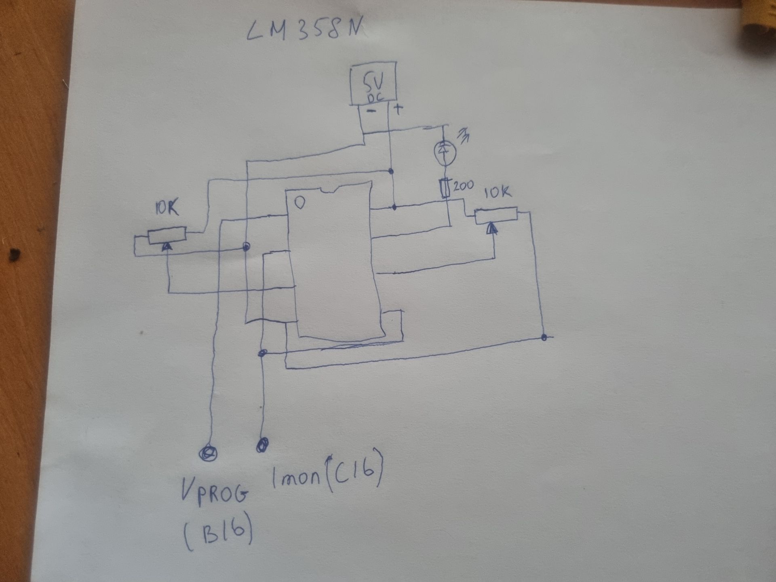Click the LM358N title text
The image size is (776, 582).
coord(303,31)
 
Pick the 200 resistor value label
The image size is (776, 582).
coord(463,186)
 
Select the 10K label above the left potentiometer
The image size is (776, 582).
coord(167,209)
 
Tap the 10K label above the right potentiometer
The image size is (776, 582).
coord(498,192)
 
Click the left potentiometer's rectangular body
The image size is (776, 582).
coord(167,236)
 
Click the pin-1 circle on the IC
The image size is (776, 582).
coord(299,202)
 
